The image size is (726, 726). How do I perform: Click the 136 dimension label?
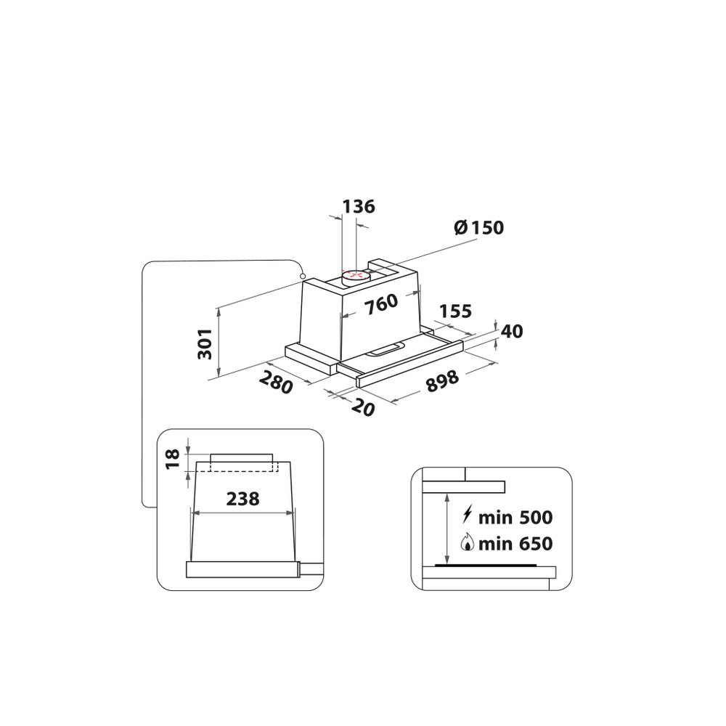click(x=359, y=206)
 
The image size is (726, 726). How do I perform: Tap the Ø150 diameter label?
click(x=478, y=227)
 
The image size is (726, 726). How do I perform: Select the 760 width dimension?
click(x=381, y=304)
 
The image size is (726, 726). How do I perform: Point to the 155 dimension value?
click(x=455, y=311)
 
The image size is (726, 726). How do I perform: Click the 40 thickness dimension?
click(x=512, y=332)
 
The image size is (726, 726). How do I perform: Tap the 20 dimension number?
click(x=363, y=407)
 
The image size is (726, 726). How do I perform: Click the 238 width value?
click(x=242, y=499)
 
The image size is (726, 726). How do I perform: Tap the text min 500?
click(x=516, y=518)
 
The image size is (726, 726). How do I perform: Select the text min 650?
click(x=516, y=543)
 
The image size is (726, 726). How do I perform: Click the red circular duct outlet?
click(x=354, y=275)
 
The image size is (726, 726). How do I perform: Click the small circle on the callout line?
click(x=301, y=277)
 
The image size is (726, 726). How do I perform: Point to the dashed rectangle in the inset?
click(x=242, y=465)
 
